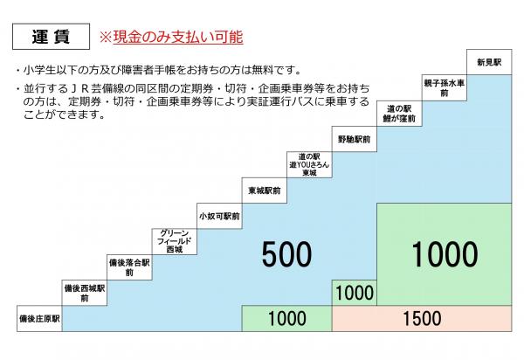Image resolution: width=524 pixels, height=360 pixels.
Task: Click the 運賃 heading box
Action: point(52,37)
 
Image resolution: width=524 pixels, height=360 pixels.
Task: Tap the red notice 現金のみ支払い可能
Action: point(171,37)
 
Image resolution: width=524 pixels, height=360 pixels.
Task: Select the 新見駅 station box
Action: point(489,62)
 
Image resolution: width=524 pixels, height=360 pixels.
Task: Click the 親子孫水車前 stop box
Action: point(445,88)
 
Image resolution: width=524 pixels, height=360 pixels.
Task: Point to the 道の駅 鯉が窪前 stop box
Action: point(399,114)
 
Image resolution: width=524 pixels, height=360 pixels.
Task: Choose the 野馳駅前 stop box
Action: point(355,139)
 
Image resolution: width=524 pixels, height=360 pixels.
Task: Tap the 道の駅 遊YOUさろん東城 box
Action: point(309,165)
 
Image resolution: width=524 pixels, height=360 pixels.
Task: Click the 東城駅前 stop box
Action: point(265,190)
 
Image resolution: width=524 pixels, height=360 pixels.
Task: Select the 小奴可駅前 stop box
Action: point(219,217)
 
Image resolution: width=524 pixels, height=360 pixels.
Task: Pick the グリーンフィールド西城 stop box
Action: point(175,242)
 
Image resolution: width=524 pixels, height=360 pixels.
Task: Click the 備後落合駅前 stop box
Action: point(129,267)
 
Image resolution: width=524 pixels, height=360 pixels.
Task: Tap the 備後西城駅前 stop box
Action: point(85,293)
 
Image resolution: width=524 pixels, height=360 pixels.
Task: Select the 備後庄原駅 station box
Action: point(39,319)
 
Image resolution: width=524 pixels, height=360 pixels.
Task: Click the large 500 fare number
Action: point(286,254)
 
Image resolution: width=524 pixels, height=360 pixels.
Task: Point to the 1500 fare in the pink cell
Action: point(422,319)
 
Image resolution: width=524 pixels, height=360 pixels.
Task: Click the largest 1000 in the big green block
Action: point(445,254)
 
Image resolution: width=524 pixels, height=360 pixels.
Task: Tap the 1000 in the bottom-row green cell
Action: point(287,319)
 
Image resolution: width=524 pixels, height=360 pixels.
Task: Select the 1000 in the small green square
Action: point(355,293)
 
